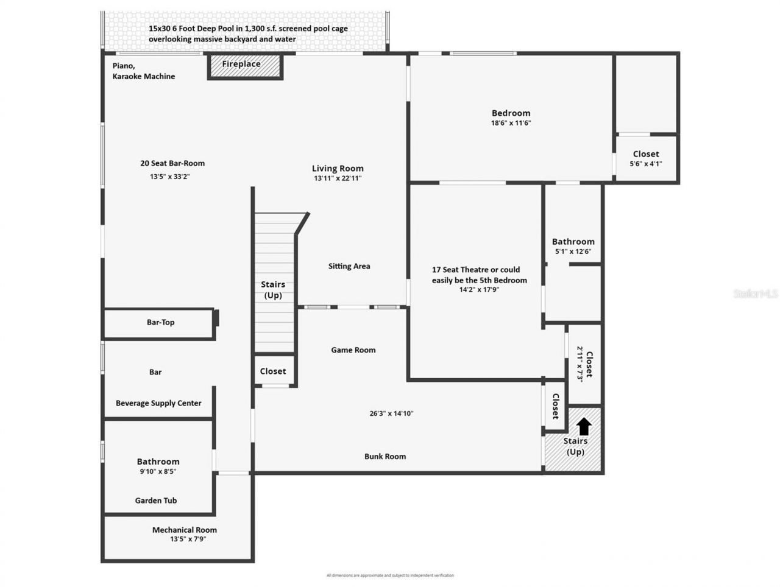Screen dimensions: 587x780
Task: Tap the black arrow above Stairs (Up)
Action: pyautogui.click(x=584, y=426)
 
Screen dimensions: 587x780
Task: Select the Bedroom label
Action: pyautogui.click(x=511, y=113)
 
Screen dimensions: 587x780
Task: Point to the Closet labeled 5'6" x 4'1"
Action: pyautogui.click(x=645, y=158)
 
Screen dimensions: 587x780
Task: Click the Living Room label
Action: pyautogui.click(x=338, y=169)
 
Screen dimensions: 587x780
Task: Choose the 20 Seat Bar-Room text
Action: pyautogui.click(x=172, y=163)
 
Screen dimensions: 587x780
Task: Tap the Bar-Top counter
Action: pyautogui.click(x=160, y=323)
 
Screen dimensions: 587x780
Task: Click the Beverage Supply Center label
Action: pyautogui.click(x=158, y=403)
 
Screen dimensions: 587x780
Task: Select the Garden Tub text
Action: pyautogui.click(x=156, y=501)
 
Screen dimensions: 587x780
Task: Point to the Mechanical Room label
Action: pyautogui.click(x=184, y=530)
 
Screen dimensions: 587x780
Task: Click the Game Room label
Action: pyautogui.click(x=353, y=350)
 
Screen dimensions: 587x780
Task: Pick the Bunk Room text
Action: pyautogui.click(x=385, y=456)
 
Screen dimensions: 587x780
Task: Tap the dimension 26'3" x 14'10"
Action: pyautogui.click(x=391, y=413)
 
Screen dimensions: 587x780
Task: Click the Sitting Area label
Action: pyautogui.click(x=349, y=266)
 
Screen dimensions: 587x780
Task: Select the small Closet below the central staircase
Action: pyautogui.click(x=273, y=371)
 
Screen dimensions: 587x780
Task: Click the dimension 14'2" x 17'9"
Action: pyautogui.click(x=479, y=290)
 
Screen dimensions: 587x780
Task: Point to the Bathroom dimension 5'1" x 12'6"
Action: pyautogui.click(x=573, y=251)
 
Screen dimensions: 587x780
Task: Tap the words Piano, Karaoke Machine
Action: pyautogui.click(x=143, y=71)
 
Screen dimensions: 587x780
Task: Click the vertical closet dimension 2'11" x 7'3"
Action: pyautogui.click(x=581, y=364)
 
